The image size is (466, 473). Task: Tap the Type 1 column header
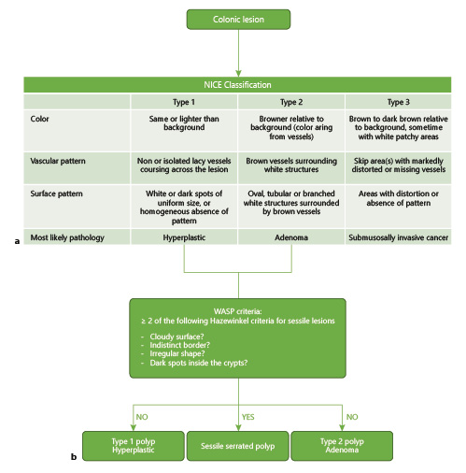pos(184,100)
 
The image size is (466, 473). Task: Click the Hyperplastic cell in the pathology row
pos(184,238)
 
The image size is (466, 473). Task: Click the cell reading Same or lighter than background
pos(184,123)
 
